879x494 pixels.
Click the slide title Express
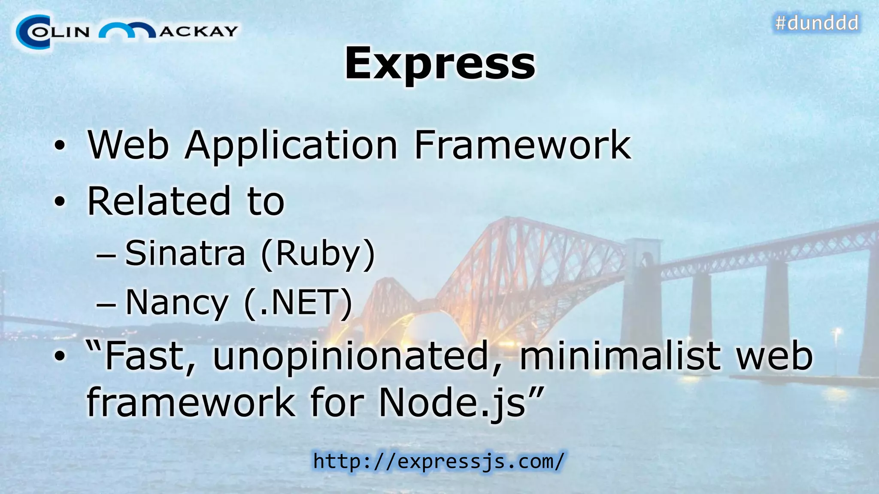439,63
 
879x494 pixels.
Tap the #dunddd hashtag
817,23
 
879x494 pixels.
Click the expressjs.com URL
439,461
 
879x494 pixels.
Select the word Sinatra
185,253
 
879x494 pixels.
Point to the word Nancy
176,303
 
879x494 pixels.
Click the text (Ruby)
318,254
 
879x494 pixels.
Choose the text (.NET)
298,303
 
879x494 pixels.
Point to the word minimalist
620,356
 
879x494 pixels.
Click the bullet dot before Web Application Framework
60,146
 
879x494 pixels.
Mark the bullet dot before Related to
60,202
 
